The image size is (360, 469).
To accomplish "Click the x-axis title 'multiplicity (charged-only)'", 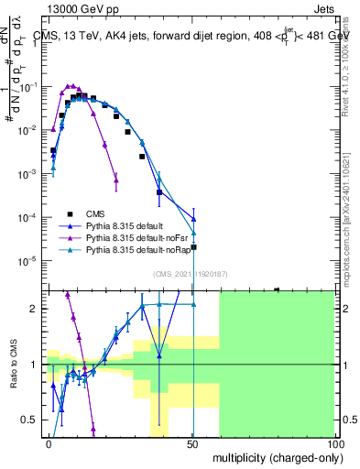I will click(x=274, y=457).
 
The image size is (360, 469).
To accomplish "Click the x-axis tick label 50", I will click(x=192, y=444).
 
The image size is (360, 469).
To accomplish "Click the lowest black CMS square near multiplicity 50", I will click(x=193, y=247).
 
